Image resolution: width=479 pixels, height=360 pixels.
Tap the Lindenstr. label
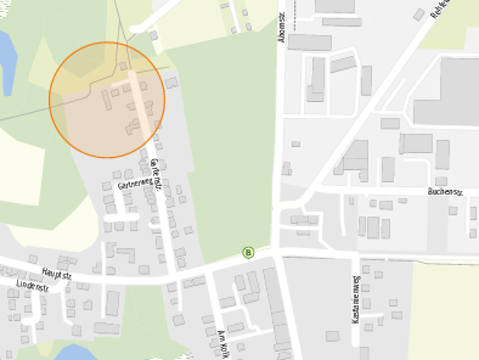pos(31,288)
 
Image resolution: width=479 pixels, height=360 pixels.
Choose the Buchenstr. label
pos(446,191)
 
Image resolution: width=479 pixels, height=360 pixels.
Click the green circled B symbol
pos(248,252)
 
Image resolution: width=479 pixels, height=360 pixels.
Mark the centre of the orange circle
pos(106,100)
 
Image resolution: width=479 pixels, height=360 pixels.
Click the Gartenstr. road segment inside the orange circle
pos(138,100)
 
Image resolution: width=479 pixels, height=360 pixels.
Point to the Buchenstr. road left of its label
pos(367,189)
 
